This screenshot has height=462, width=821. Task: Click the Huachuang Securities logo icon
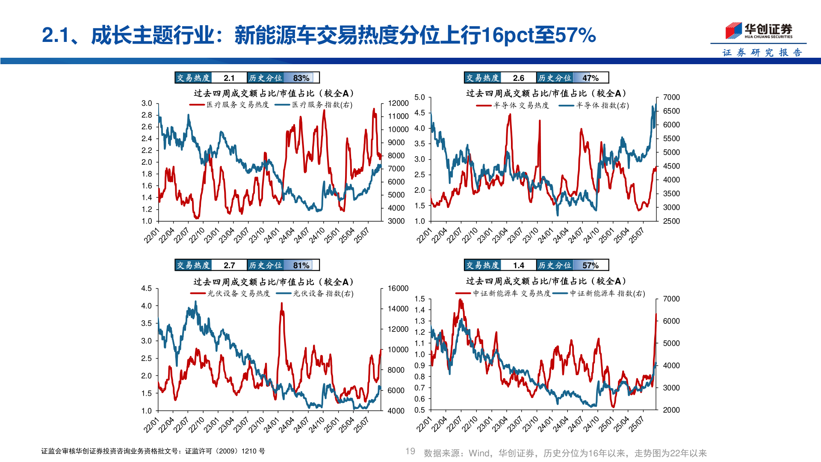[734, 30]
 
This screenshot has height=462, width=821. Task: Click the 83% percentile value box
[301, 78]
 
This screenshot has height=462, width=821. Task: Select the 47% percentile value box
[590, 78]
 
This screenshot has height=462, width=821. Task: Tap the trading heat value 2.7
[229, 265]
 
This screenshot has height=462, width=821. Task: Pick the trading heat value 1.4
[518, 265]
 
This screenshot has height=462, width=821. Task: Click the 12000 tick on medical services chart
[398, 103]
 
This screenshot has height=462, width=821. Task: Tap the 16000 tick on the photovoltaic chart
[398, 288]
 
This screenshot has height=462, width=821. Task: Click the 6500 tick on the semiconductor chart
[671, 111]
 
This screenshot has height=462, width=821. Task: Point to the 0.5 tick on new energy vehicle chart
[419, 410]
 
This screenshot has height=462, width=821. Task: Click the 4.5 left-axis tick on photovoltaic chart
[146, 288]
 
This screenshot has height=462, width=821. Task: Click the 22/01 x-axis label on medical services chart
[151, 236]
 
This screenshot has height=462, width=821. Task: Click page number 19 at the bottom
[410, 451]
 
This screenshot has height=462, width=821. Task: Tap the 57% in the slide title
[575, 35]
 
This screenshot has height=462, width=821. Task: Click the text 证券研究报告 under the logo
[762, 53]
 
